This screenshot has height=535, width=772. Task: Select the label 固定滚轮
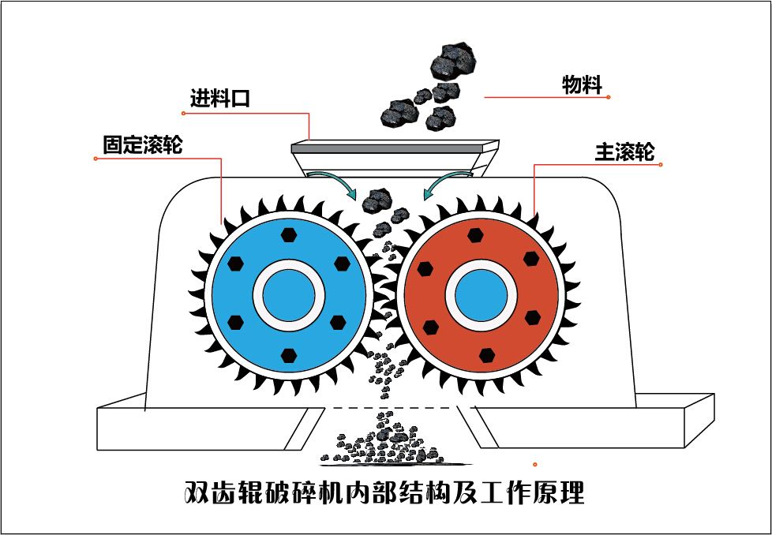[x=142, y=144]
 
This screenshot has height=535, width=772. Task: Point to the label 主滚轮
[x=624, y=152]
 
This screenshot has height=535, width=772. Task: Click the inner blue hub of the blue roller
[x=288, y=296]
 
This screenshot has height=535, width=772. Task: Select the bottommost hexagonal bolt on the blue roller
[x=287, y=357]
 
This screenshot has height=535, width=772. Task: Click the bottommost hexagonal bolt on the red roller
[x=487, y=355]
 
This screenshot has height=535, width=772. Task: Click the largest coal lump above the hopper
[x=451, y=60]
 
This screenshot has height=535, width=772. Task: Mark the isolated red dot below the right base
[x=535, y=464]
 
